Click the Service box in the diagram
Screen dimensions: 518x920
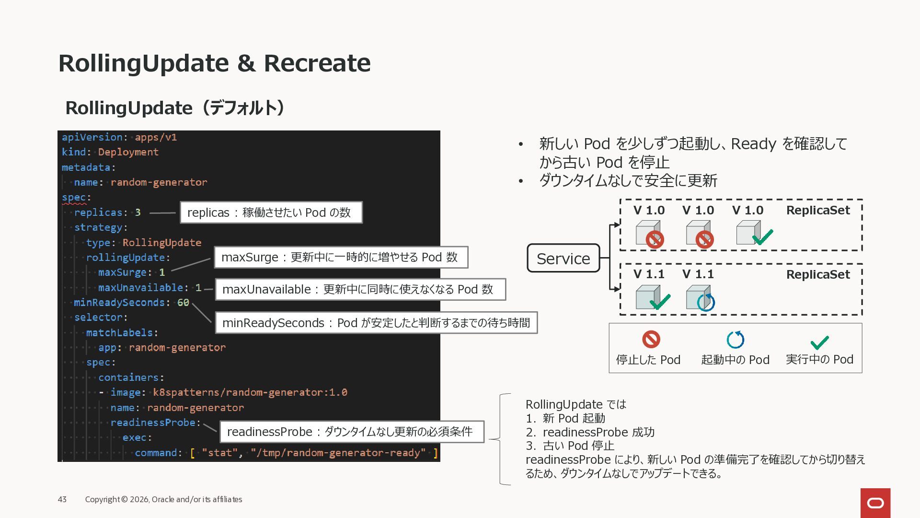[x=563, y=259]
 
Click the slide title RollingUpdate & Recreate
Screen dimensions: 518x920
[x=214, y=63]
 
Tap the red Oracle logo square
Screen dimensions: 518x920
[x=875, y=503]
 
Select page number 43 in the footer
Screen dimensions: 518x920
[x=62, y=499]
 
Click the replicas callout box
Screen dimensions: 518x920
[x=271, y=212]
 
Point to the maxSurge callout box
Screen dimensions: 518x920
[x=341, y=258]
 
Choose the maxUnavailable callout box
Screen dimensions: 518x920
[x=360, y=290]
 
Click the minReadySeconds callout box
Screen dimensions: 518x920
[x=376, y=323]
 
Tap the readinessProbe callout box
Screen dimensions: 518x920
[x=351, y=432]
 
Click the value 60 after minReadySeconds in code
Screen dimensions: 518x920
[x=183, y=303]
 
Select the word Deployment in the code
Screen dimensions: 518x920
[x=128, y=152]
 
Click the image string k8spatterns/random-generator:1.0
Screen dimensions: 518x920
[x=250, y=392]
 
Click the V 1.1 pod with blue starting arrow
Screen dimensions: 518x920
[x=700, y=298]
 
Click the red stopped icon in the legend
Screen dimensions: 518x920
[x=651, y=340]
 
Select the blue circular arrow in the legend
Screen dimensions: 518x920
[x=735, y=340]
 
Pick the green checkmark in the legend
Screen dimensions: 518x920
[x=819, y=342]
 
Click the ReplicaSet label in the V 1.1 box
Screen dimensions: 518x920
[x=817, y=275]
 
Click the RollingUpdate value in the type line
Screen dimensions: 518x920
[x=161, y=243]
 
